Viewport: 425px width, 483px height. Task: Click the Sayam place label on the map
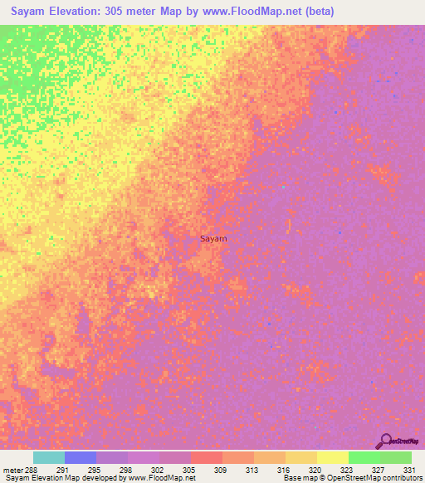pyautogui.click(x=213, y=238)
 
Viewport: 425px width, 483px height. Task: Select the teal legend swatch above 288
pyautogui.click(x=49, y=457)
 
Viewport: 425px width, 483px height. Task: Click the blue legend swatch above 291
pyautogui.click(x=81, y=457)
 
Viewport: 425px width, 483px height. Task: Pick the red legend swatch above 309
pyautogui.click(x=207, y=457)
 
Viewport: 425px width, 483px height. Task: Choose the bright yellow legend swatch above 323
pyautogui.click(x=332, y=457)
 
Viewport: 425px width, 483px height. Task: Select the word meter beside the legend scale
pyautogui.click(x=12, y=469)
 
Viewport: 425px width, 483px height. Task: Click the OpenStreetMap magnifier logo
pyautogui.click(x=385, y=442)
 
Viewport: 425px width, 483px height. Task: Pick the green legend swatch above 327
pyautogui.click(x=364, y=457)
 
